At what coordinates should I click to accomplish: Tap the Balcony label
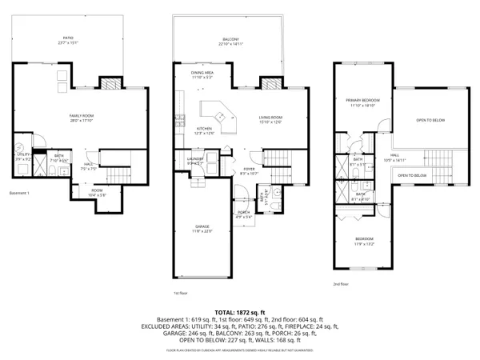pos(230,39)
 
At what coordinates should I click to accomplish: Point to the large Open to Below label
pos(430,121)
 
